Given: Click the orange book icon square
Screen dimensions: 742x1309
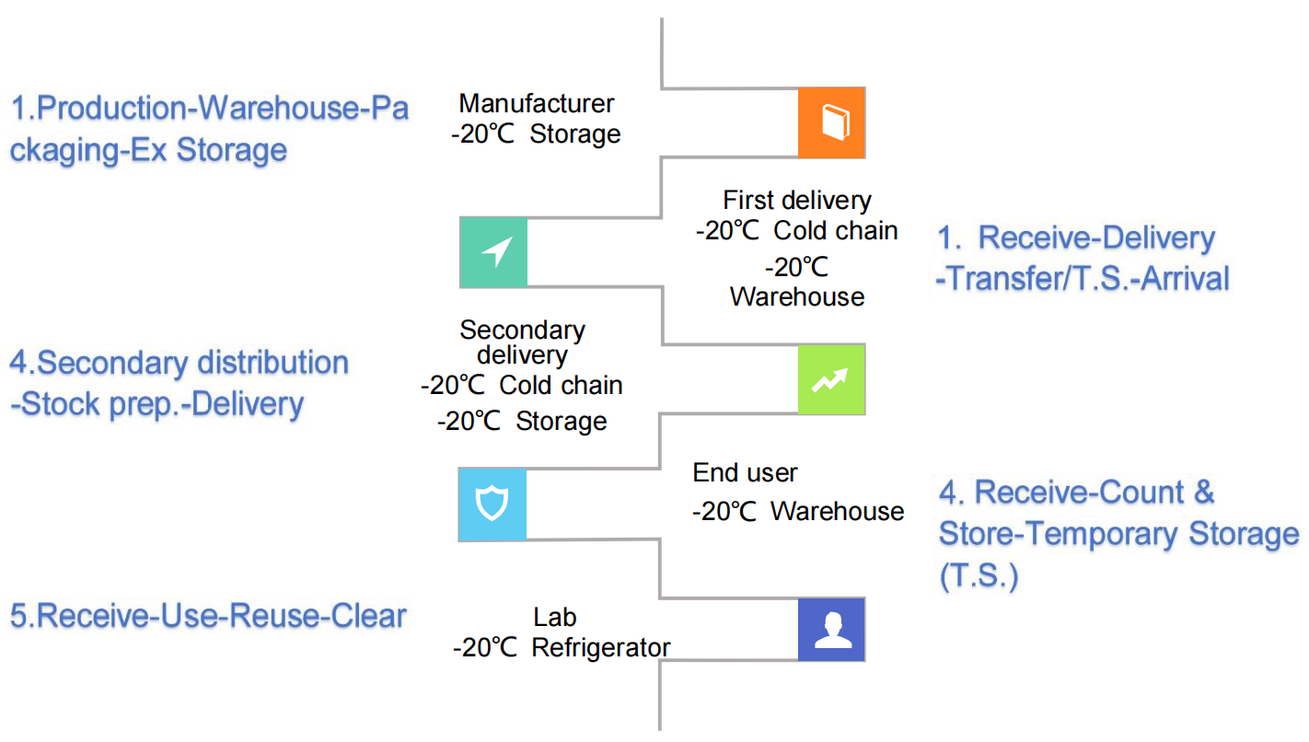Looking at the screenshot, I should click(832, 123).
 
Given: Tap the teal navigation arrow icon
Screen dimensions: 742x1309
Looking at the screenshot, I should click(493, 252).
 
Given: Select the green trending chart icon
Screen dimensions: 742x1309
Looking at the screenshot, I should click(832, 379).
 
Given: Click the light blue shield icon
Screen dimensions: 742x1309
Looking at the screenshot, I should click(492, 504).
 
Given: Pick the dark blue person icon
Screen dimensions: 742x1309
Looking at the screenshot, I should click(832, 630).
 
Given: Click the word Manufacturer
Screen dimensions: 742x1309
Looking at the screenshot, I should click(537, 103).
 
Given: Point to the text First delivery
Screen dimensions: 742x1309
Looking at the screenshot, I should click(796, 200).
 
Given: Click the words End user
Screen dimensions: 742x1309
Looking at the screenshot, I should click(745, 473).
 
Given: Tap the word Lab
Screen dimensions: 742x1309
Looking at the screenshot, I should click(555, 617).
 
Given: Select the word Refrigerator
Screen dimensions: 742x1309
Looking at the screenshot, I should click(601, 647).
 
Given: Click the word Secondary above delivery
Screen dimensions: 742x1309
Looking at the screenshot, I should click(522, 330).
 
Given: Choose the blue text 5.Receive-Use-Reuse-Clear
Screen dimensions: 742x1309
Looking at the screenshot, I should click(208, 616).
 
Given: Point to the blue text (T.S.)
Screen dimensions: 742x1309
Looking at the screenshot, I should click(979, 577).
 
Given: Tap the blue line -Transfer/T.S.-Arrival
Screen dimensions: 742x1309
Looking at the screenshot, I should click(1083, 278).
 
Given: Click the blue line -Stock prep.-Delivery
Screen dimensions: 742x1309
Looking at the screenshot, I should click(157, 404).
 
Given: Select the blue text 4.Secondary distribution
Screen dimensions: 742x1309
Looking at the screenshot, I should click(180, 363).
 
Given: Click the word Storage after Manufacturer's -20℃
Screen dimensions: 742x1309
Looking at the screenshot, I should click(575, 134).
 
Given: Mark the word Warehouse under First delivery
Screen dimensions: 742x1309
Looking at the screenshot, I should click(797, 296).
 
